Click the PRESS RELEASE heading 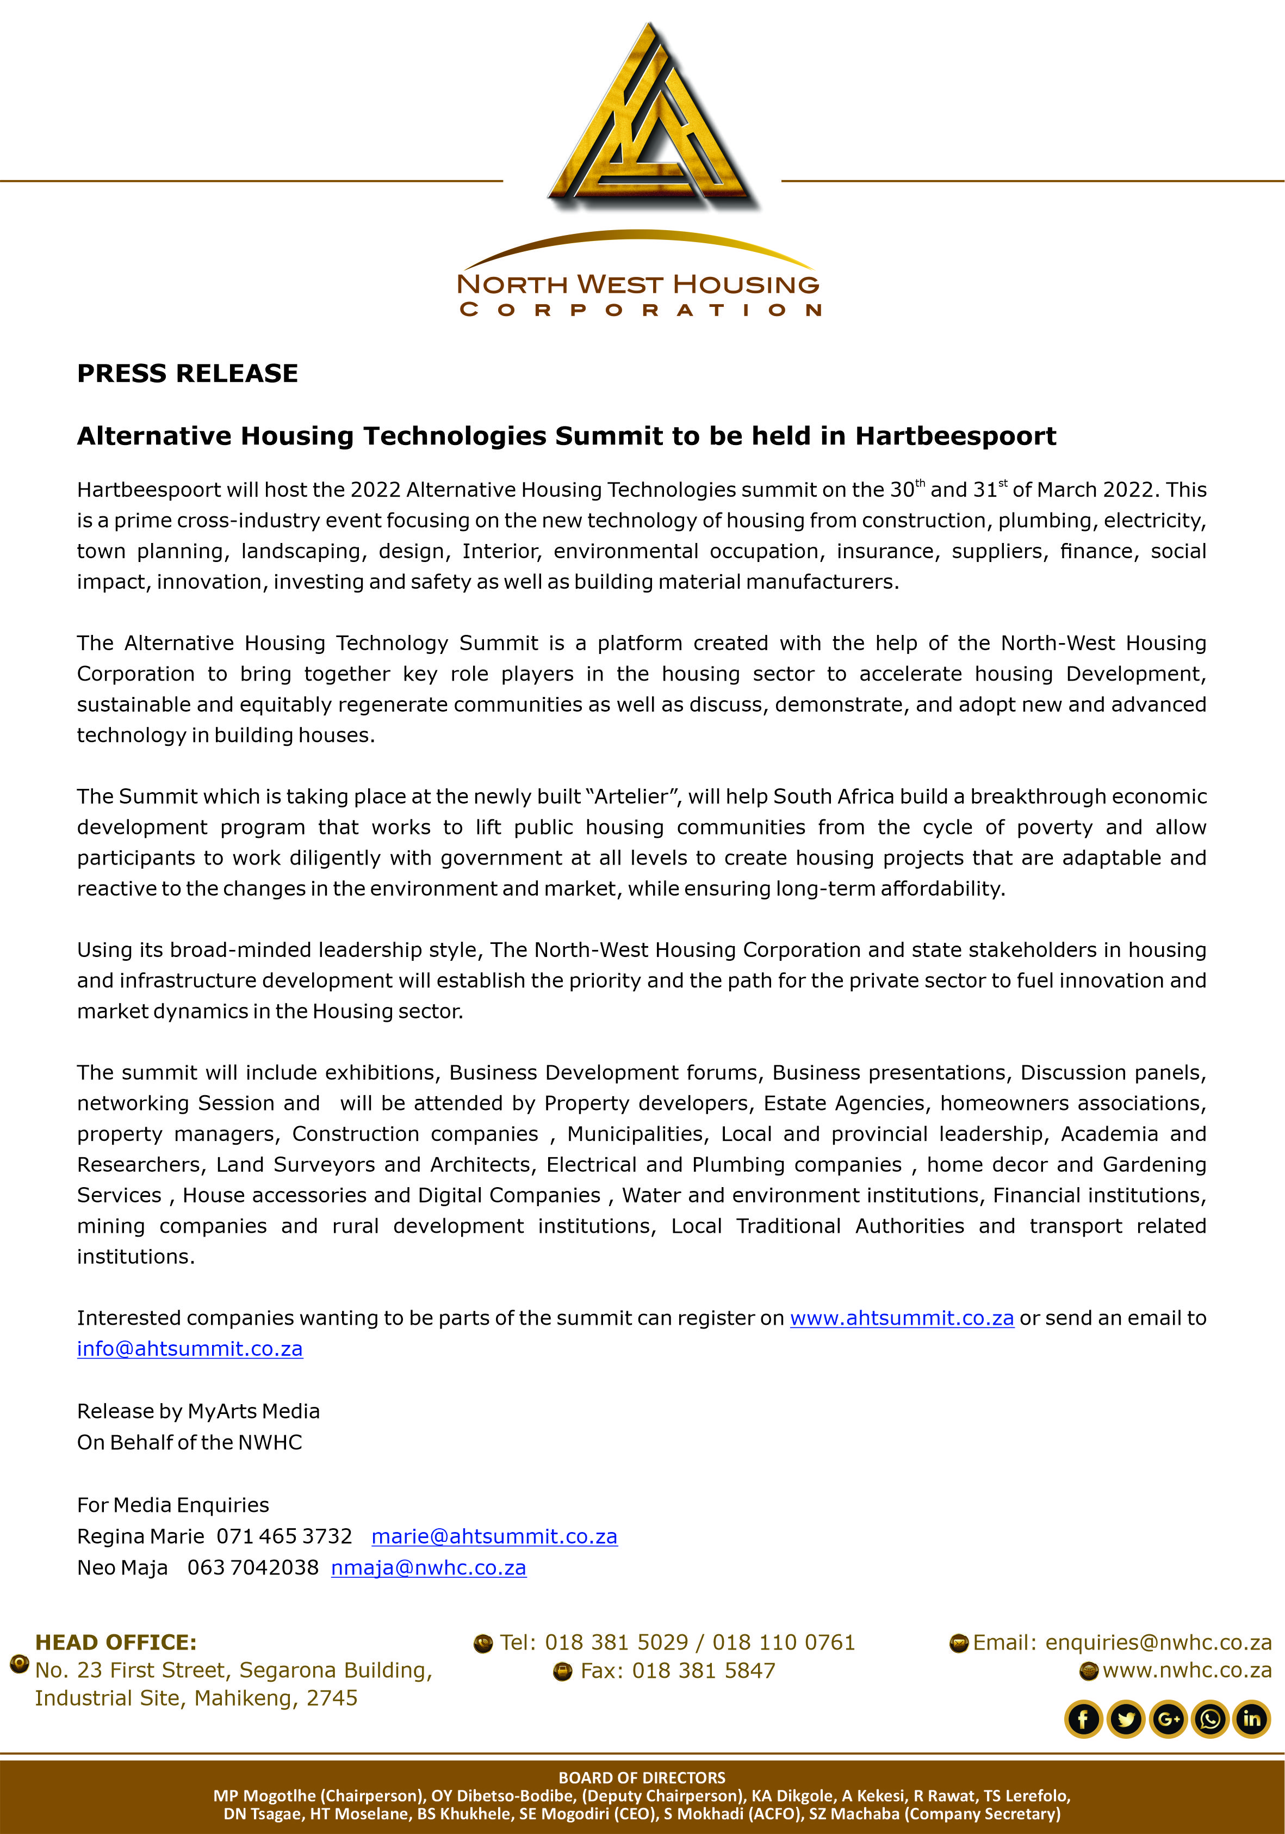pos(187,373)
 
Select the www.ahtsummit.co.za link pos(902,1318)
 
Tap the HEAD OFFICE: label pos(116,1642)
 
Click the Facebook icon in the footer pos(1083,1719)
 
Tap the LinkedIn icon pos(1251,1719)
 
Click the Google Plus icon pos(1168,1719)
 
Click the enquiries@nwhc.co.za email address pos(1158,1642)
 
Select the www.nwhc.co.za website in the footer pos(1187,1670)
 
